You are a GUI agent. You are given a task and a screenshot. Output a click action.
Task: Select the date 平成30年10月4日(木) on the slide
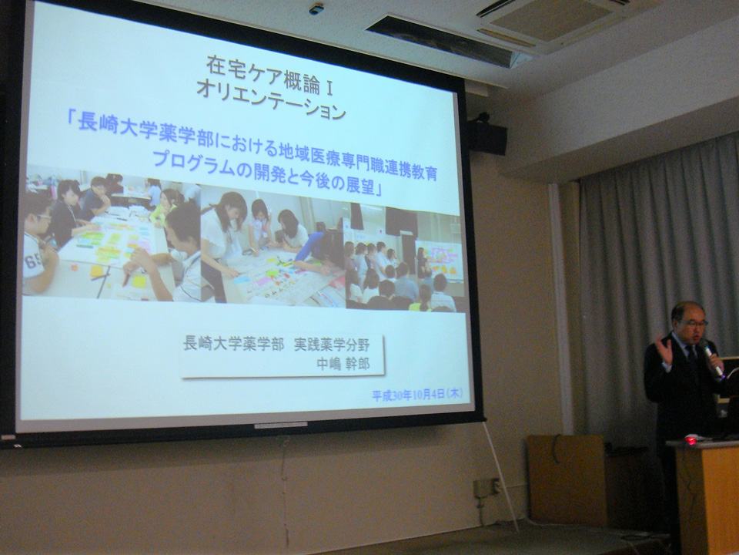[417, 394]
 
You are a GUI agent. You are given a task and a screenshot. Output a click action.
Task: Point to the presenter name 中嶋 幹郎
[343, 363]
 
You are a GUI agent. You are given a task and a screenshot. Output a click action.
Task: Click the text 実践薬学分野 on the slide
[332, 345]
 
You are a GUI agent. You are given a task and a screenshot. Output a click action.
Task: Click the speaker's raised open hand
[664, 350]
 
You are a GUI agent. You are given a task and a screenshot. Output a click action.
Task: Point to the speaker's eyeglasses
[696, 324]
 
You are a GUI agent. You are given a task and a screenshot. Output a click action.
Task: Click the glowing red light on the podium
[691, 440]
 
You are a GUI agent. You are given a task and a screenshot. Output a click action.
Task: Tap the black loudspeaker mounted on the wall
[487, 137]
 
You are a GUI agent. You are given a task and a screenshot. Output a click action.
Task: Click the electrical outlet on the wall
[487, 488]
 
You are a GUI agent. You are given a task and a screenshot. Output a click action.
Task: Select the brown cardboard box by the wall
[566, 479]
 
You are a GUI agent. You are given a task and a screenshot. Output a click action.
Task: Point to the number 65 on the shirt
[34, 260]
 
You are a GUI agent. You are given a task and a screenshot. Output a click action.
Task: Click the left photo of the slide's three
[112, 234]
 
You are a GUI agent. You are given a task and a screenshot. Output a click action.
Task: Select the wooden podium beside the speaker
[704, 496]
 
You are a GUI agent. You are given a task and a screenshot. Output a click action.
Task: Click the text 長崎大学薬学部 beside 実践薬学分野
[234, 343]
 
